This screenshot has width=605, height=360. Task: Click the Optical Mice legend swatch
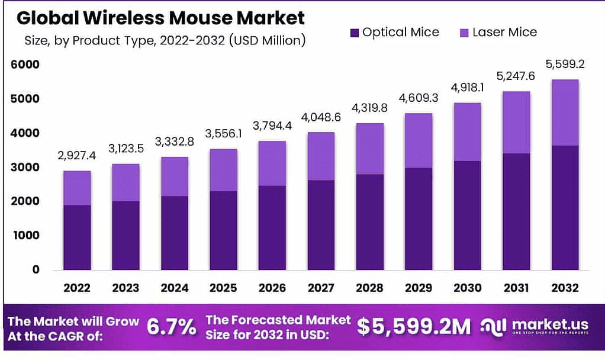pos(355,33)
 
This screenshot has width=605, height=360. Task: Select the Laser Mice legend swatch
pos(464,33)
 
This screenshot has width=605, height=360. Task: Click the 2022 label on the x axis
pos(77,288)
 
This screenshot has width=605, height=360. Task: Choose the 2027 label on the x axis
pos(320,288)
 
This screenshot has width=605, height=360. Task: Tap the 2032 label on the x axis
pos(564,288)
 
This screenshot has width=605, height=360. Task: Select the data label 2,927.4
pos(77,156)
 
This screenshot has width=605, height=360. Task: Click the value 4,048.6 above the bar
pos(320,118)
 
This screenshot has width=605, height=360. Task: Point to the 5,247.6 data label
pos(515,77)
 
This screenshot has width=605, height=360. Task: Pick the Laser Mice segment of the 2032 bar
pos(564,112)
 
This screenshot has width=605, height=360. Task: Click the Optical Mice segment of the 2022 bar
pos(77,237)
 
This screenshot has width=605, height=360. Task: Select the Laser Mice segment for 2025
pos(223,170)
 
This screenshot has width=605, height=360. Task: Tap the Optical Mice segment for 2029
pos(418,219)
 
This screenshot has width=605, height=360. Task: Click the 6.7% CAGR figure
pos(171,327)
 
